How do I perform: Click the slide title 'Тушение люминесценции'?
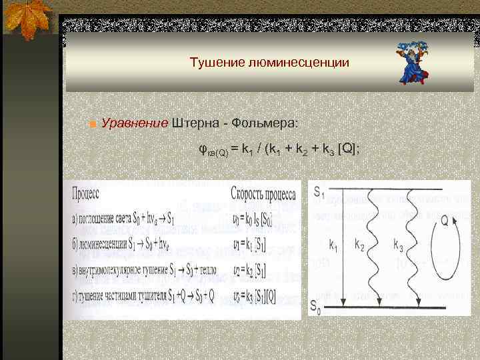pyautogui.click(x=269, y=63)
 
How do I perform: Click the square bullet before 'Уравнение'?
pyautogui.click(x=93, y=125)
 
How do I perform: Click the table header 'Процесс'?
pyautogui.click(x=86, y=193)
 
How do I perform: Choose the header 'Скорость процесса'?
pyautogui.click(x=264, y=193)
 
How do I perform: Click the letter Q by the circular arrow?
pyautogui.click(x=444, y=223)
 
